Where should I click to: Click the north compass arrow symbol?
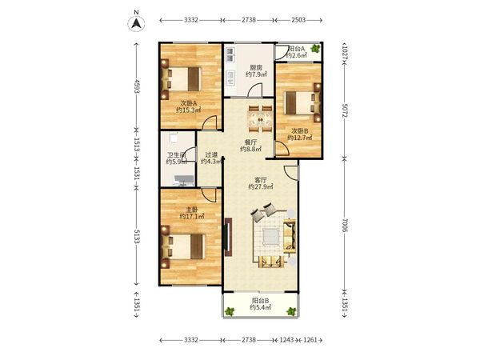[136, 23]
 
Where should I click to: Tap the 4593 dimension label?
[137, 86]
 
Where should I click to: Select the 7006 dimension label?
[345, 226]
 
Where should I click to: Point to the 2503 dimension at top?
[298, 20]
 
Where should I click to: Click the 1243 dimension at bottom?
[287, 340]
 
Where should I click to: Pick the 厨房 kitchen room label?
[256, 67]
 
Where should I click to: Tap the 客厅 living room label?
[261, 180]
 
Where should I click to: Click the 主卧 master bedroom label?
[192, 210]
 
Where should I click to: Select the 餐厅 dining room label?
[250, 142]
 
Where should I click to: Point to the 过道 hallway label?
[211, 155]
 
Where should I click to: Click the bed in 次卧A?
[182, 79]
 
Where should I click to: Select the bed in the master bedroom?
[182, 246]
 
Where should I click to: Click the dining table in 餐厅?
[260, 118]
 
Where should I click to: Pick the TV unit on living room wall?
[228, 237]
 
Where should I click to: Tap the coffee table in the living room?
[270, 236]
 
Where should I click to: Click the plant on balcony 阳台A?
[315, 48]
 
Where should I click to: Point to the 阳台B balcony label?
[261, 300]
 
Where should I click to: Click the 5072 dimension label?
[345, 110]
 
